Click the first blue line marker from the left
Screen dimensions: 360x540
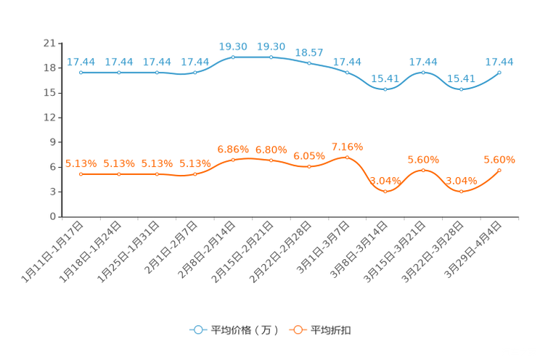(x=81, y=72)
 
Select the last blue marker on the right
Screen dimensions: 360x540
(x=500, y=72)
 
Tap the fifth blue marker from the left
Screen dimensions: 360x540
(x=233, y=57)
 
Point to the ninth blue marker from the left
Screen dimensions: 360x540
(x=385, y=89)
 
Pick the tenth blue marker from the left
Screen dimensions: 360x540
(x=424, y=72)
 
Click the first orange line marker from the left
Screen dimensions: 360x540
(x=81, y=174)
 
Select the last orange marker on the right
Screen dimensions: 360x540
(x=500, y=170)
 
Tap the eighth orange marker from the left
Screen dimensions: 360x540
(x=347, y=157)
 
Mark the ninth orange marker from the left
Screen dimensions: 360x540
(x=385, y=192)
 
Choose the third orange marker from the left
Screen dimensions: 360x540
(x=157, y=174)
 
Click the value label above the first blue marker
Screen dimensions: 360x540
(x=81, y=62)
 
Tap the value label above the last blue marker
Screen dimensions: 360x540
(x=500, y=62)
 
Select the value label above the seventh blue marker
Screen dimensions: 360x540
(x=309, y=52)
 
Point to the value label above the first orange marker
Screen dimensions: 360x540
(x=81, y=163)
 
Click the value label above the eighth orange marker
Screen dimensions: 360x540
(x=347, y=147)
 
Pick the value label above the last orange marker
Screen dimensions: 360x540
(x=499, y=159)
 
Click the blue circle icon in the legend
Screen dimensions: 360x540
(x=197, y=330)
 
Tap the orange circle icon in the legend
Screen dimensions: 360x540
(x=297, y=330)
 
